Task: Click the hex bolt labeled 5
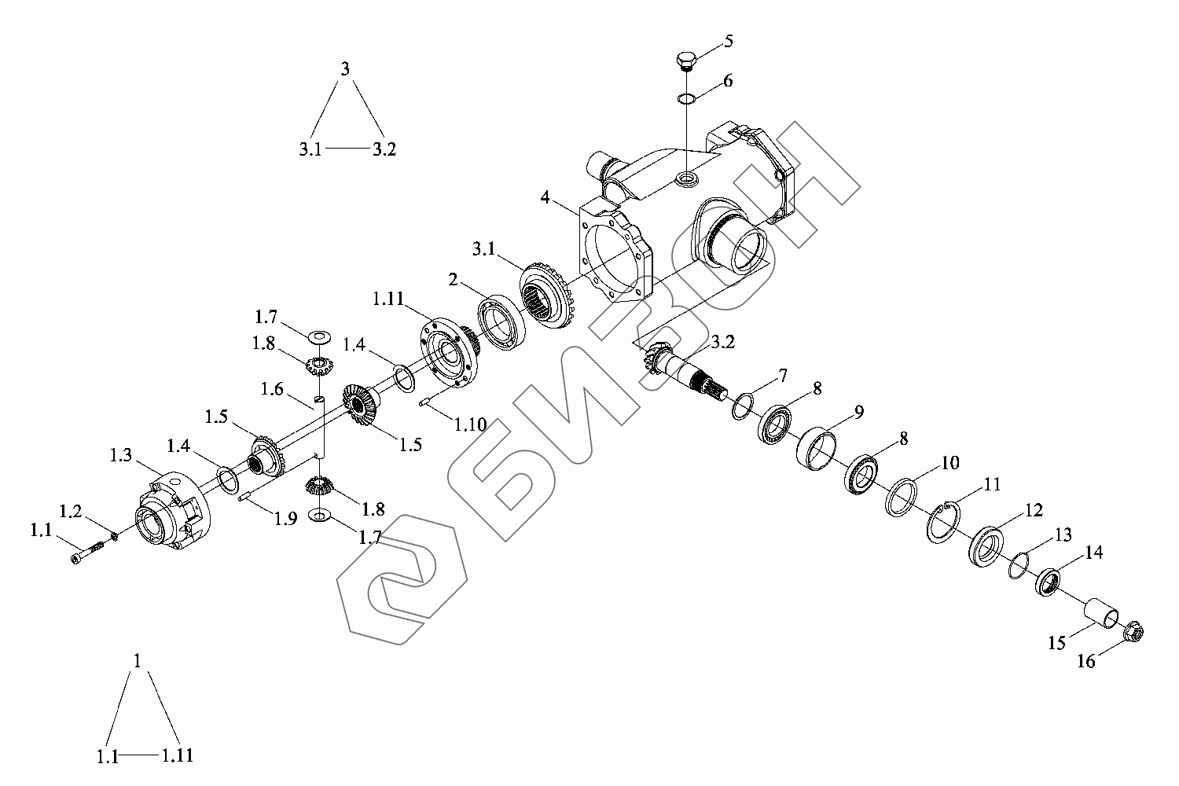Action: pyautogui.click(x=686, y=61)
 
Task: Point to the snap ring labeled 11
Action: pyautogui.click(x=943, y=523)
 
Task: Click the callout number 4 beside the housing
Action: pyautogui.click(x=545, y=197)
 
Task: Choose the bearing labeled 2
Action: pyautogui.click(x=501, y=323)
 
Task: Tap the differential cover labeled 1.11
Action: pyautogui.click(x=449, y=352)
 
